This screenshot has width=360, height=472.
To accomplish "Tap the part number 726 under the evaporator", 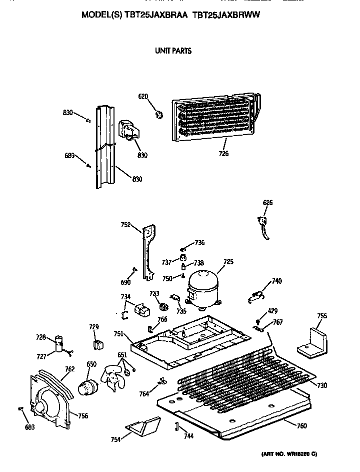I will (223, 154).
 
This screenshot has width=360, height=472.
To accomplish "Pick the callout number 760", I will (301, 426).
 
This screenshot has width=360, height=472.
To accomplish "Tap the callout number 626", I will (268, 203).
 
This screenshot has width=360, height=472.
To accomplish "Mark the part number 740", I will (276, 281).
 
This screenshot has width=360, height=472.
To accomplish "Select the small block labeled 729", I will (98, 345).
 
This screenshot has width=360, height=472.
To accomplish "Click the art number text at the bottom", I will (289, 454).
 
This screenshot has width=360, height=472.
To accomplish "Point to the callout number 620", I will (143, 97).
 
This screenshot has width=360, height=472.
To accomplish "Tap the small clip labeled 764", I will (160, 381).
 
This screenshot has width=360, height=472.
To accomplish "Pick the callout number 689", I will (69, 155).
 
